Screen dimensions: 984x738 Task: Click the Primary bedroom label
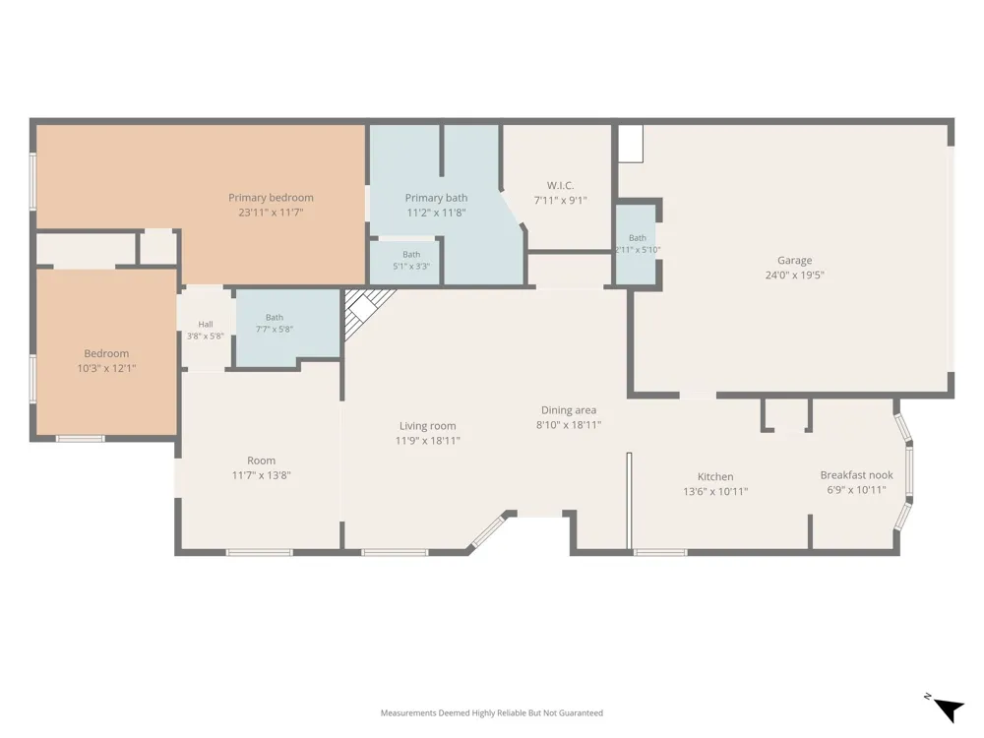[271, 198]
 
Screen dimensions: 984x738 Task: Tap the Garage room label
[794, 260]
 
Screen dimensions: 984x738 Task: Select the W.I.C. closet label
[560, 185]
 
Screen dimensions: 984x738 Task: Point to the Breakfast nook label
[857, 475]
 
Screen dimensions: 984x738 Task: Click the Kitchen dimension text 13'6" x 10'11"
[715, 491]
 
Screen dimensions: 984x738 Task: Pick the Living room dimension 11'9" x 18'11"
[427, 441]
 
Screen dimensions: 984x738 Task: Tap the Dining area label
[569, 410]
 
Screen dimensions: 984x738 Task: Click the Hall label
[206, 325]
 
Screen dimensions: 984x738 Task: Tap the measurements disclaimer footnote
[491, 712]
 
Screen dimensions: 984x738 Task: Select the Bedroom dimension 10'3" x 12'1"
[106, 368]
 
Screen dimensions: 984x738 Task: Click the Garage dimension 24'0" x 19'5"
[794, 275]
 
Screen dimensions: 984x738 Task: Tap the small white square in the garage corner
[631, 144]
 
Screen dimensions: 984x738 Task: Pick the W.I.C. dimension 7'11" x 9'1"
[560, 200]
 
